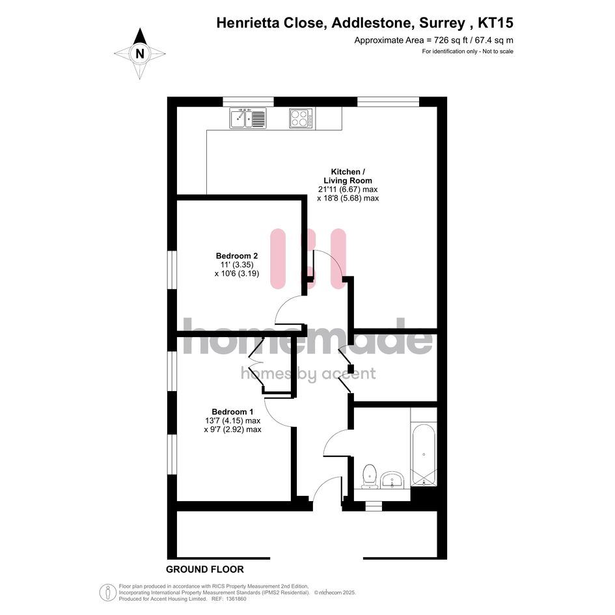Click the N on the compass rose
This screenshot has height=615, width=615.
pos(140,53)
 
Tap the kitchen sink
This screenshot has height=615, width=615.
pos(247,118)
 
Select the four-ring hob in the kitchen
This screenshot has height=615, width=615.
pos(301,118)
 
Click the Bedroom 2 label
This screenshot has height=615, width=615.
pos(237,256)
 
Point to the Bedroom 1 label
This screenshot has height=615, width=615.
pos(232,412)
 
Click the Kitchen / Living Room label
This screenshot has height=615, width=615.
pos(348,176)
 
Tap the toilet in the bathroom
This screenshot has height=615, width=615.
pos(370,476)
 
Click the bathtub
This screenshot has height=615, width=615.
pos(424,455)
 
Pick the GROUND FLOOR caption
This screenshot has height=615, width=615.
pos(205,569)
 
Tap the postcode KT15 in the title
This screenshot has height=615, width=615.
pos(495,23)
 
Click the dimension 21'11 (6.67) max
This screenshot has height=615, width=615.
pos(348,189)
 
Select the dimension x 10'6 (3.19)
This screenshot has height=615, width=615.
pos(237,273)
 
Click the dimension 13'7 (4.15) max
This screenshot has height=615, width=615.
pos(232,420)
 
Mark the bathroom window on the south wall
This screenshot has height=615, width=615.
pos(374,506)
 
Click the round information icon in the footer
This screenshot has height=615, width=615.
pos(107,593)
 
